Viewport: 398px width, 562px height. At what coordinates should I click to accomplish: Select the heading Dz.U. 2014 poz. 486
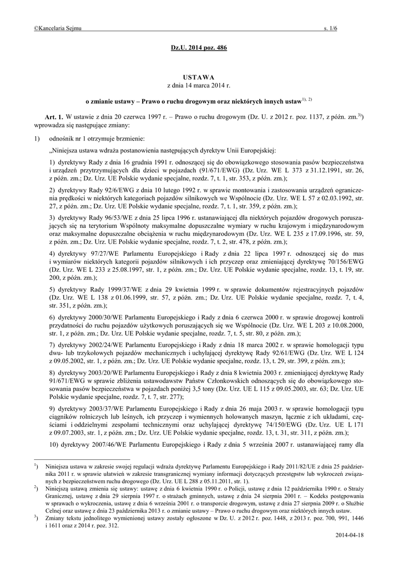(x=199, y=48)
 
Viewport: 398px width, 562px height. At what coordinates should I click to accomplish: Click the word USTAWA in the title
(x=199, y=77)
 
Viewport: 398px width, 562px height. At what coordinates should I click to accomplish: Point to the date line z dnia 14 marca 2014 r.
(x=199, y=86)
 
